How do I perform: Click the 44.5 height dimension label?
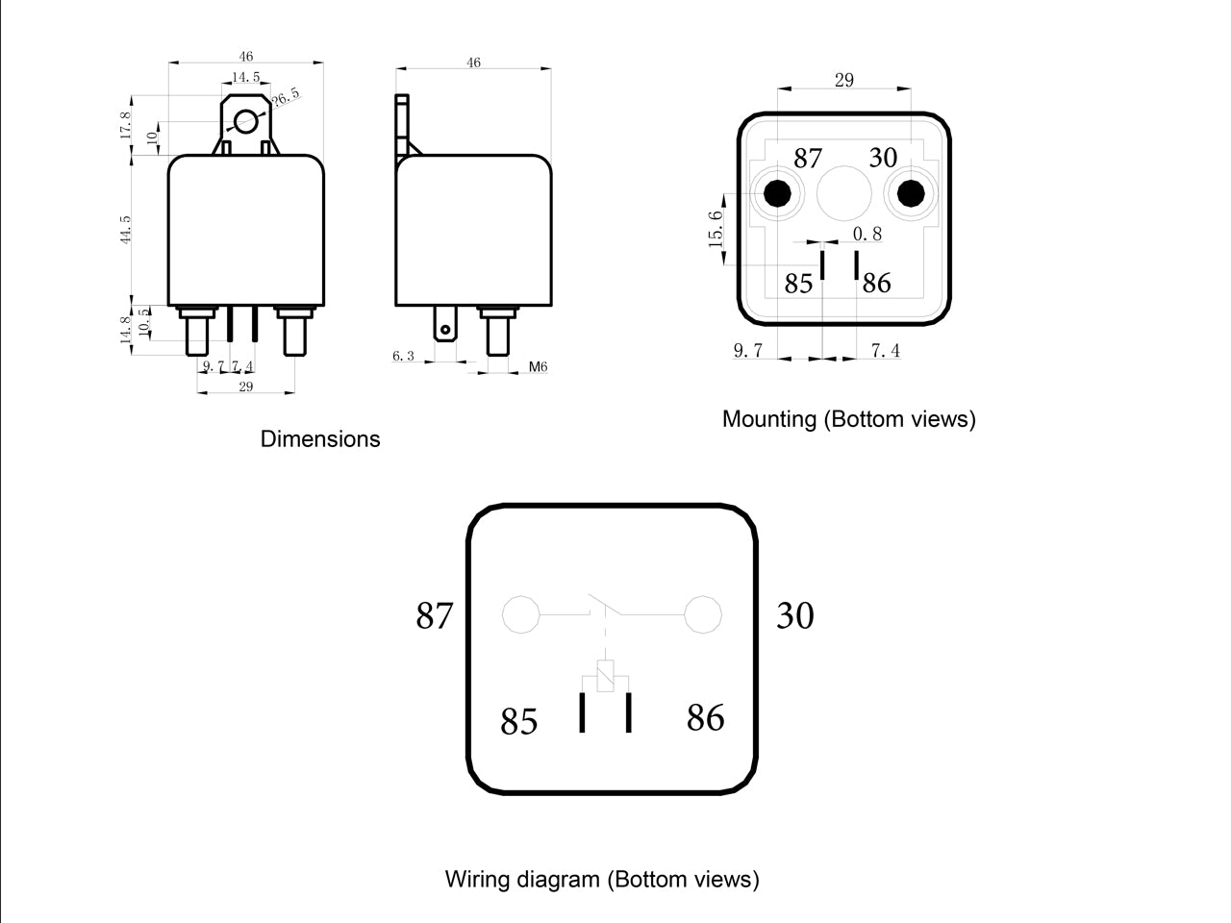click(125, 229)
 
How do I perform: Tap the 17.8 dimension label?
click(125, 124)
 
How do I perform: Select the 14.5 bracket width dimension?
click(245, 77)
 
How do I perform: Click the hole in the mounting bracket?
click(245, 121)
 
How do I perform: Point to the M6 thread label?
click(538, 366)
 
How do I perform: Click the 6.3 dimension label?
click(403, 356)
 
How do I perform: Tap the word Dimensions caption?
click(320, 438)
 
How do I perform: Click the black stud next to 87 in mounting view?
click(777, 193)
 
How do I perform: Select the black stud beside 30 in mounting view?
click(911, 193)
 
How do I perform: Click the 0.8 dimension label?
click(867, 234)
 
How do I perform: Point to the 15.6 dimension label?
click(716, 229)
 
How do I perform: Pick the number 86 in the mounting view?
click(876, 283)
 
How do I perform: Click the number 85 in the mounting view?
click(798, 284)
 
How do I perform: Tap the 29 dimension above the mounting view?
click(844, 80)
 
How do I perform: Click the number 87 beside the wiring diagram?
click(434, 615)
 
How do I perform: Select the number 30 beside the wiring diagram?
click(794, 615)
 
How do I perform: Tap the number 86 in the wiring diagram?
click(706, 717)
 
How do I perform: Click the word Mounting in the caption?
click(768, 419)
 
